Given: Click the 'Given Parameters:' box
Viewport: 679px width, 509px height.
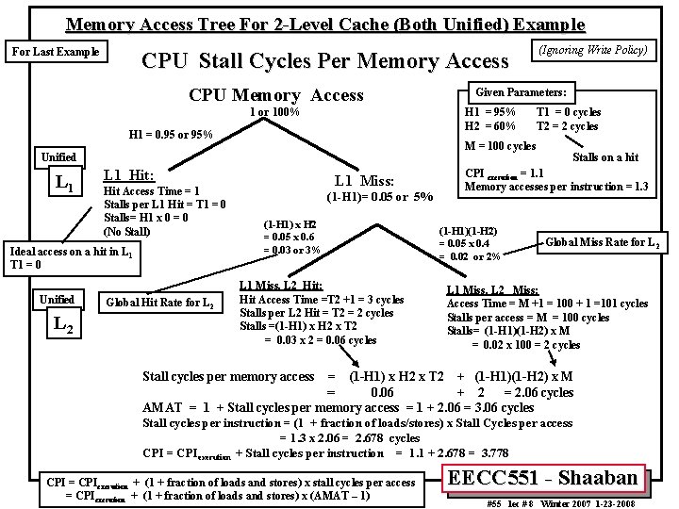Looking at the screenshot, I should click(521, 92).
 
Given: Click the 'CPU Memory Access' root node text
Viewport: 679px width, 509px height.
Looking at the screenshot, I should click(275, 94).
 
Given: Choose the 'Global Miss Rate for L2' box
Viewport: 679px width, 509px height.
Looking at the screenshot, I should click(602, 242).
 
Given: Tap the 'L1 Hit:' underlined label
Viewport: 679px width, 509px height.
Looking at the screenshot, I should click(129, 174).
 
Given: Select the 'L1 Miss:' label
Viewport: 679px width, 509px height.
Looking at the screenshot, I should click(371, 180).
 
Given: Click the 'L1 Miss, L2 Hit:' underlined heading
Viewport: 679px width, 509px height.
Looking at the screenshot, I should click(282, 285).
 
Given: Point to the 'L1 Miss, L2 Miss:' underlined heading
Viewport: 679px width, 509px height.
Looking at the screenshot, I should click(492, 290).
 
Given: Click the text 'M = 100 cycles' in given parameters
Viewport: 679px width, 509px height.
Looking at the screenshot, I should click(500, 145).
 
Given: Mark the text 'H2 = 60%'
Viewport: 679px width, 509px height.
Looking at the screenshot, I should click(490, 126).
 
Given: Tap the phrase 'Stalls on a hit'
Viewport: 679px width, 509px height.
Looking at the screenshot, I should click(605, 157).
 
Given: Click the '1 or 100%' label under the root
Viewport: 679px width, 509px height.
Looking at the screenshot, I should click(273, 113).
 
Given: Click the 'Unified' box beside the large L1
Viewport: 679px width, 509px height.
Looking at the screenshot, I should click(58, 156).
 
